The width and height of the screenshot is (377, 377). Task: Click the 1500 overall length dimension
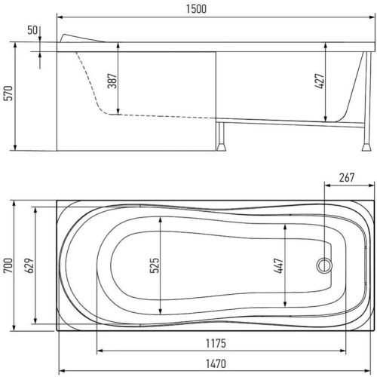click(196, 9)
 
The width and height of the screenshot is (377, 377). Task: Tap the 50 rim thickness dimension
click(32, 30)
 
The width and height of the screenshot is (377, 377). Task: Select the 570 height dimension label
click(8, 93)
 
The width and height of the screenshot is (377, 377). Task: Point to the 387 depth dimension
click(112, 81)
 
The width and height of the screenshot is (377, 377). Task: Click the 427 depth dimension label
click(320, 81)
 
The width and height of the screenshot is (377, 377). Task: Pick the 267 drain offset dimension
click(347, 177)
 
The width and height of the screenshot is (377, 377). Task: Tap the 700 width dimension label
click(8, 265)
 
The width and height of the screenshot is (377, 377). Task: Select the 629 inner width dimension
click(29, 265)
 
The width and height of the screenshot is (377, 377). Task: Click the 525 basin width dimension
click(155, 265)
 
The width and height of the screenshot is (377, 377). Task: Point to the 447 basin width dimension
click(279, 265)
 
